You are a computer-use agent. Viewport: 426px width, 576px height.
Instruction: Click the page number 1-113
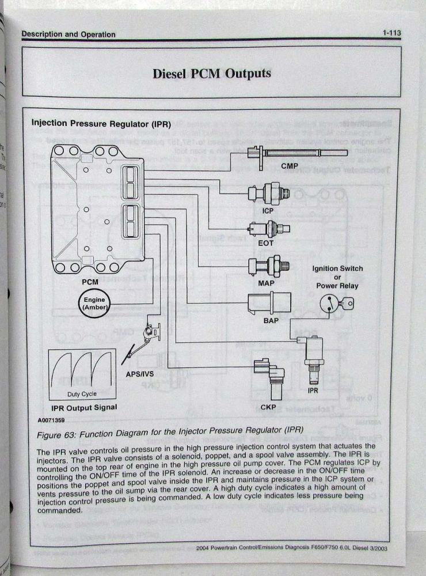pyautogui.click(x=391, y=34)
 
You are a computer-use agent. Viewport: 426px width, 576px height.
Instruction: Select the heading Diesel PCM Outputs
pyautogui.click(x=212, y=74)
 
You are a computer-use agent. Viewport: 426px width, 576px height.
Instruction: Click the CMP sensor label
pyautogui.click(x=289, y=166)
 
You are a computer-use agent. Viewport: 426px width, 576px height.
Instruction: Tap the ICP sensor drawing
pyautogui.click(x=267, y=194)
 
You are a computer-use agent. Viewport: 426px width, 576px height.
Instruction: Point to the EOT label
pyautogui.click(x=265, y=242)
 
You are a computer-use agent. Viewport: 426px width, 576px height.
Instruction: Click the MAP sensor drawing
pyautogui.click(x=267, y=267)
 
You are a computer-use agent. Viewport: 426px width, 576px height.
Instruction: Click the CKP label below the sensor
pyautogui.click(x=268, y=407)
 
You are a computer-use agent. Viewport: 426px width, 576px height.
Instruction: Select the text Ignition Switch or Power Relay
pyautogui.click(x=337, y=277)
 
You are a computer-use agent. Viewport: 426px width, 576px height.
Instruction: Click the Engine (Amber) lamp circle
pyautogui.click(x=94, y=304)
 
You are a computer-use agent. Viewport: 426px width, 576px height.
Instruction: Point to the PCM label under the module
pyautogui.click(x=90, y=282)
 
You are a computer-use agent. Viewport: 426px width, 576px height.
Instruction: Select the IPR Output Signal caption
pyautogui.click(x=84, y=407)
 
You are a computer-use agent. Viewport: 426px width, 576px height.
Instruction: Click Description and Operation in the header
pyautogui.click(x=69, y=35)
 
